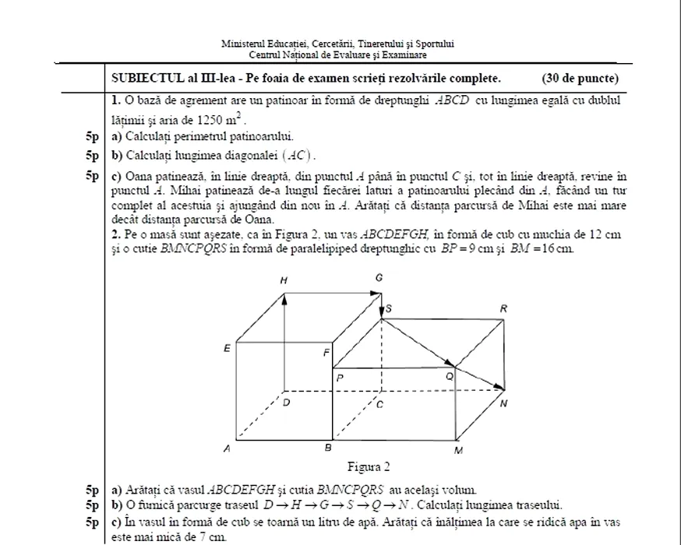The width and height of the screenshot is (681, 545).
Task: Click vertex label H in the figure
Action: [284, 280]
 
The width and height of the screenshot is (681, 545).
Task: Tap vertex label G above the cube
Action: [379, 278]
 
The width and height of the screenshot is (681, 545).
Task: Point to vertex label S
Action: [389, 309]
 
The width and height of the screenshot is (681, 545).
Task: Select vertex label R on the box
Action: [503, 309]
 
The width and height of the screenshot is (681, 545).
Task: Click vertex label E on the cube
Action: [227, 348]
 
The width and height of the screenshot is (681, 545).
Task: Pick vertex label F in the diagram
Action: [326, 353]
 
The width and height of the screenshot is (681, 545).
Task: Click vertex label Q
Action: [449, 376]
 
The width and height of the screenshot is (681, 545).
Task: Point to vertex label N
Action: [504, 403]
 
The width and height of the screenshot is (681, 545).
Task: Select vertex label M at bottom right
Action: [458, 451]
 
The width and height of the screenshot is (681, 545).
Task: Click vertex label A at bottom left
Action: [227, 449]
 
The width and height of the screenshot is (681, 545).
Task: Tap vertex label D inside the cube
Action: [286, 403]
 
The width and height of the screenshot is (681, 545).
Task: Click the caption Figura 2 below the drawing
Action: [368, 467]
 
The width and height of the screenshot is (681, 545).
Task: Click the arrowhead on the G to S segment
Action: [381, 312]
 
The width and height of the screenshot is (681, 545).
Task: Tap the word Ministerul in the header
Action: [244, 44]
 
